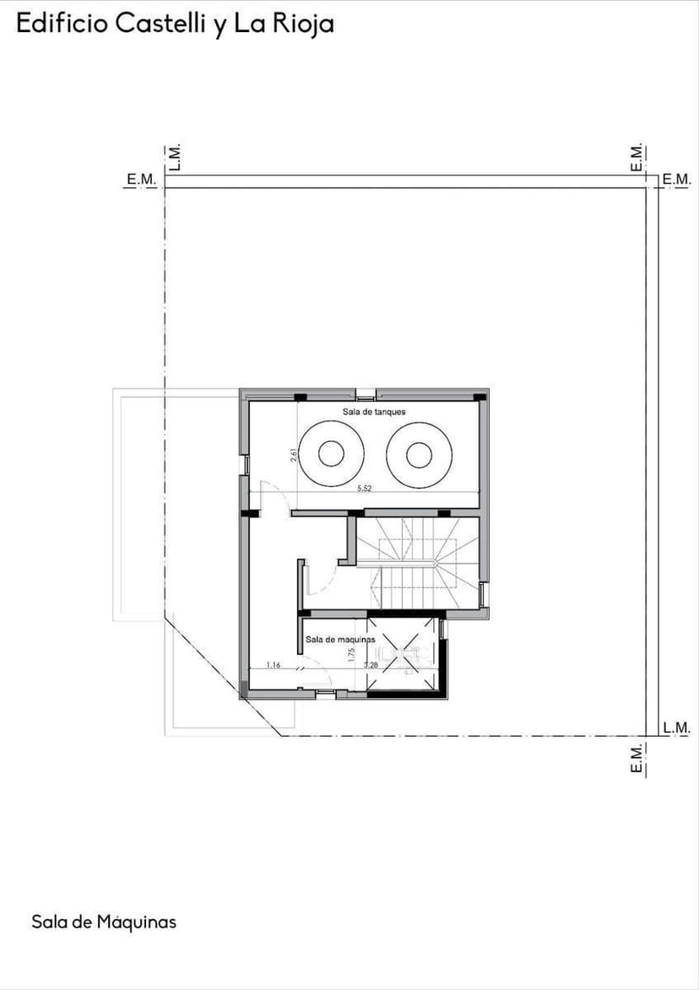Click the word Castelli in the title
[160, 24]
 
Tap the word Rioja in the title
[303, 24]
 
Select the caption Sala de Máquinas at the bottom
[104, 922]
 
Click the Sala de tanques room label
[374, 412]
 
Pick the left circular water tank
[331, 455]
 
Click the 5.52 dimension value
[365, 489]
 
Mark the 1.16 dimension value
[274, 665]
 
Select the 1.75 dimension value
[351, 654]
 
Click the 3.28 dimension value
[371, 665]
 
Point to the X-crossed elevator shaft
[403, 655]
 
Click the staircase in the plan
[417, 561]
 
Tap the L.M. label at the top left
[175, 157]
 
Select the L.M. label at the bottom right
[676, 728]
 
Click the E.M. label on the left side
[141, 179]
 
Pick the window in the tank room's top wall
[366, 394]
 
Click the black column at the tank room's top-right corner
[480, 396]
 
